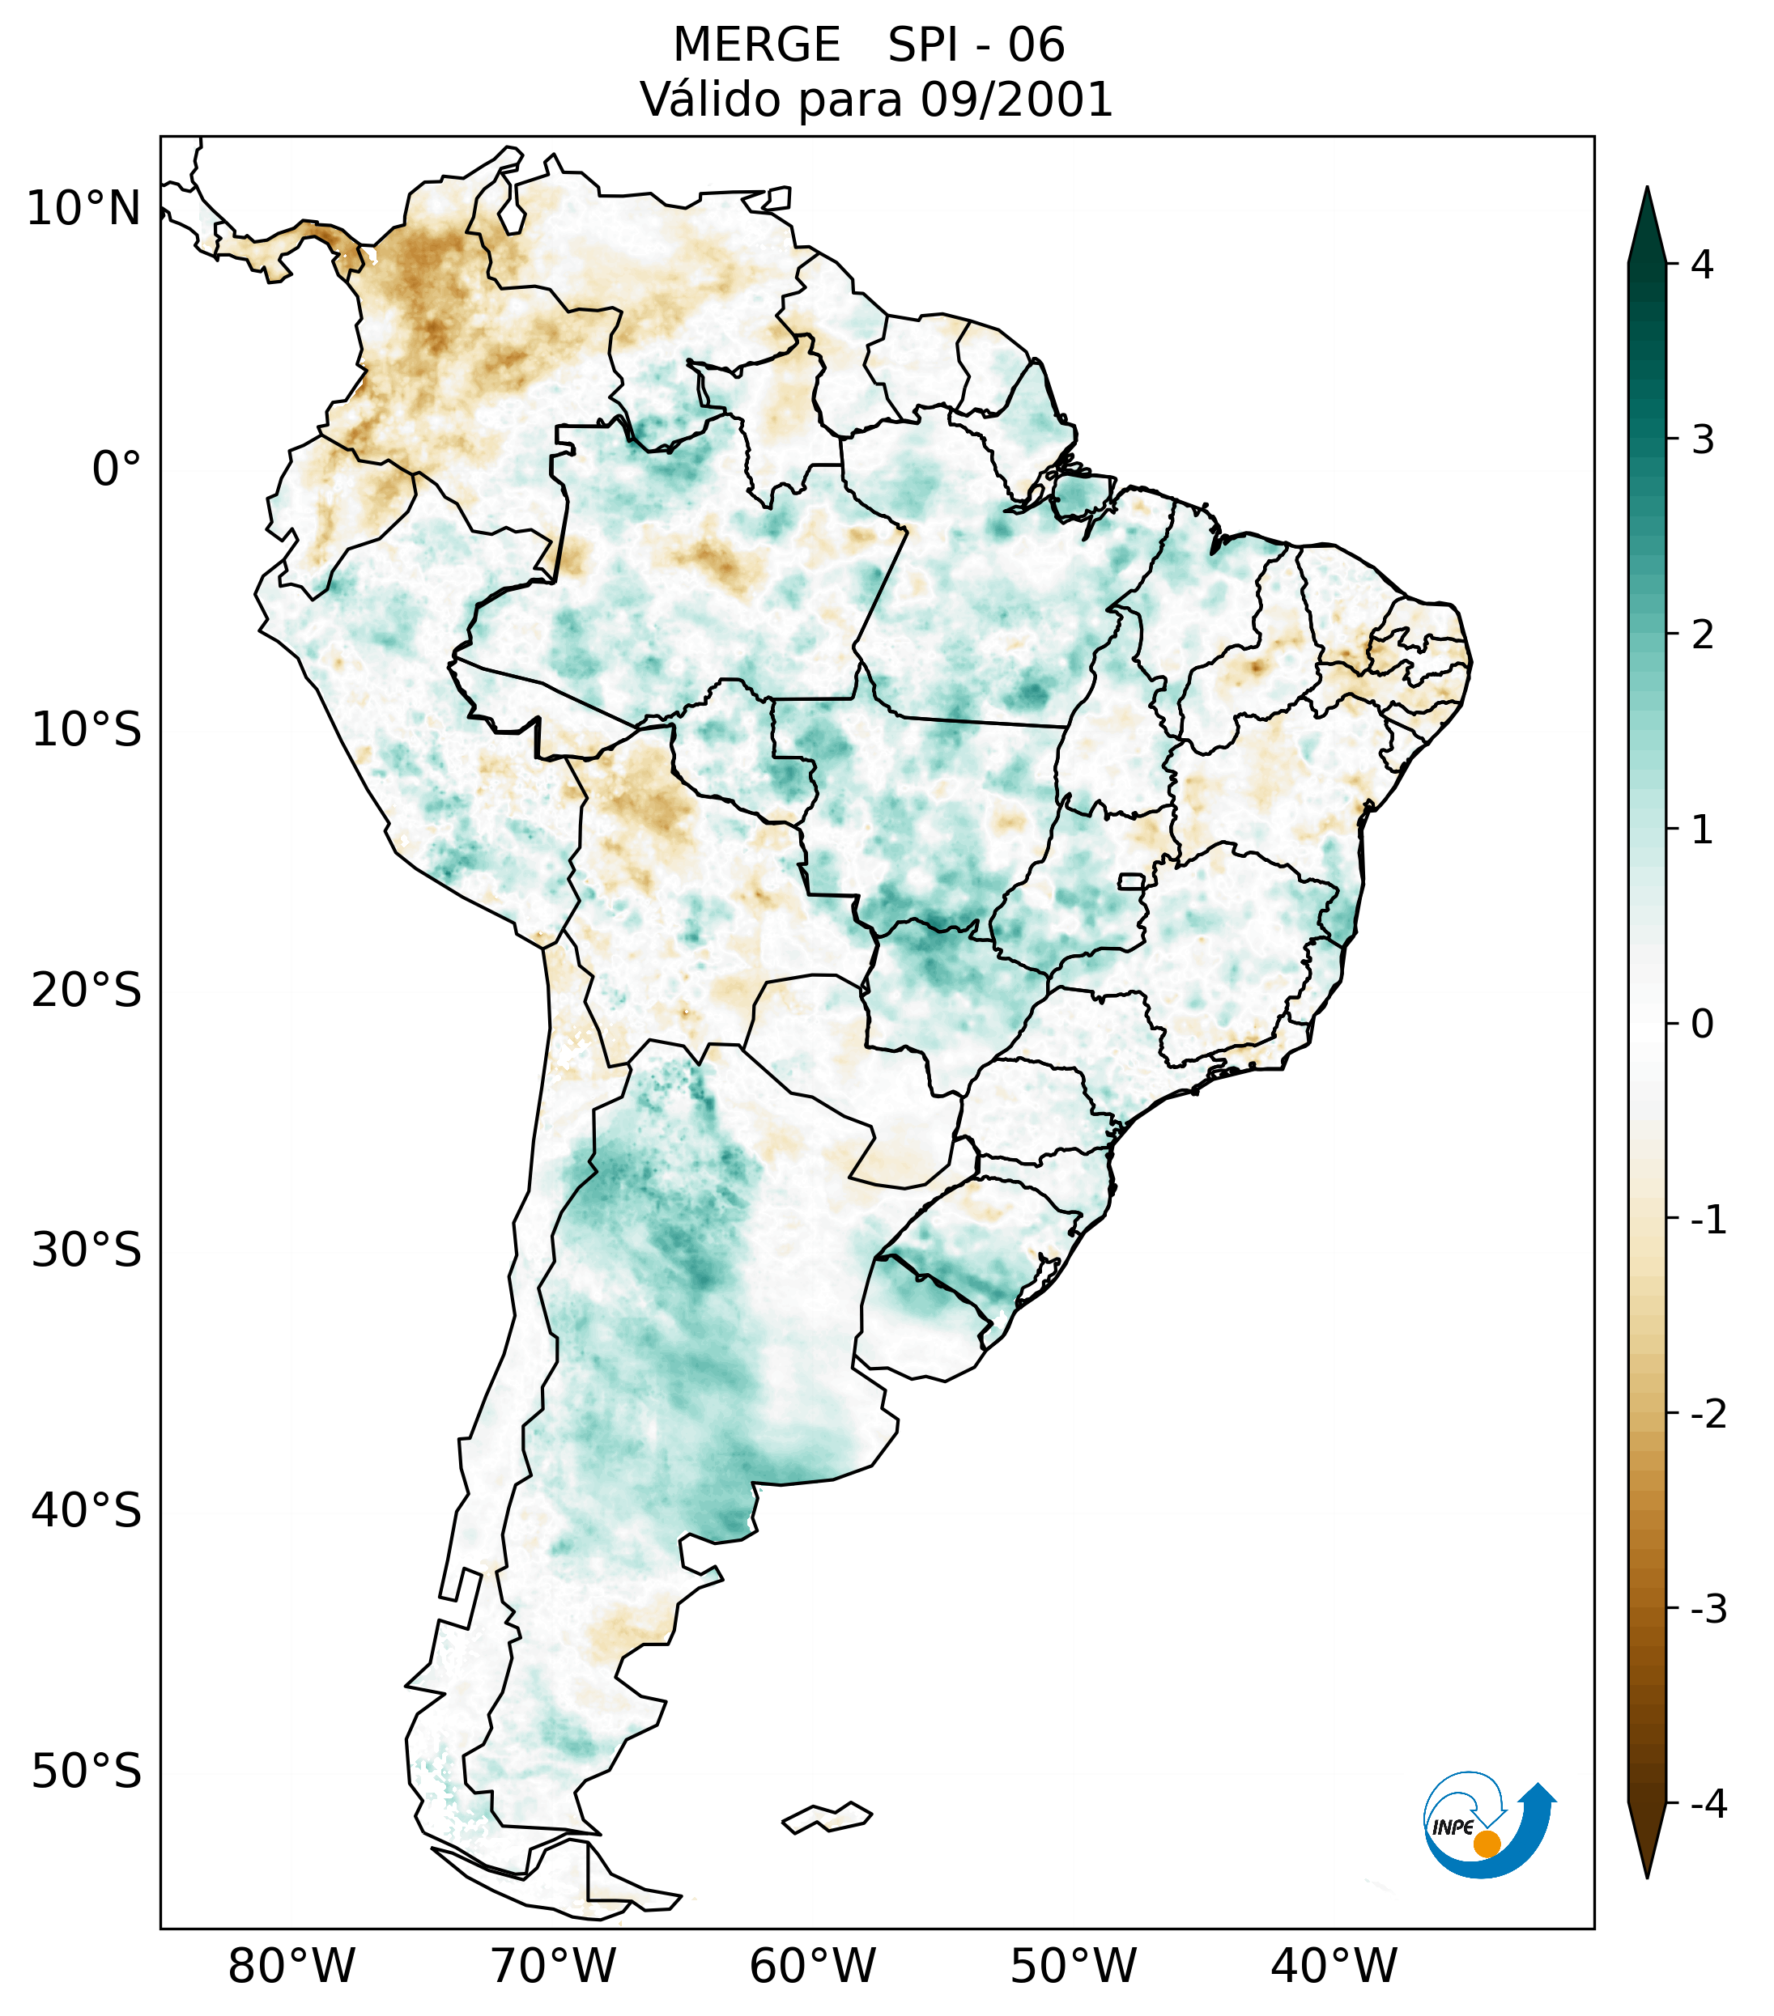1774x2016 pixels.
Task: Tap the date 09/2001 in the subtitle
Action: (1016, 100)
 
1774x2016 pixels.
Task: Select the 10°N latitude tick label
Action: (84, 209)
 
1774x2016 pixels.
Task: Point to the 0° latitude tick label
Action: (117, 469)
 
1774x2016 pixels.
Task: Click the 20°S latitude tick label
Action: (87, 991)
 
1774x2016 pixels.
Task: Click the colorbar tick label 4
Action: (1702, 265)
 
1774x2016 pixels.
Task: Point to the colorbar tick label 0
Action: (1702, 1025)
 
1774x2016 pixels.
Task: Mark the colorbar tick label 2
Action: (1702, 635)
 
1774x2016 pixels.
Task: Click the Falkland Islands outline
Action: (827, 1817)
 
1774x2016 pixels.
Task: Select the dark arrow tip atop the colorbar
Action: (1647, 222)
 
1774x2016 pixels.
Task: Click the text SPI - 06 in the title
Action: (976, 45)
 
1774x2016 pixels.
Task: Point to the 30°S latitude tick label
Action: (87, 1250)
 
